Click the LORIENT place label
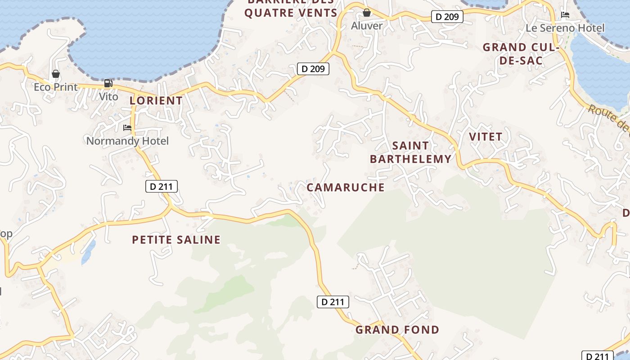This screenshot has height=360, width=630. coord(156,101)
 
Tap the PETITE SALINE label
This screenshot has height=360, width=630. coord(176,240)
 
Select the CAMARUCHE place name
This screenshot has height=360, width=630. coord(346,188)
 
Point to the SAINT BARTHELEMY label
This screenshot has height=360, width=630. coord(410,152)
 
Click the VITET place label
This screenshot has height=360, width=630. coord(486,137)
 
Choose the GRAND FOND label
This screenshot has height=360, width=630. coord(397,330)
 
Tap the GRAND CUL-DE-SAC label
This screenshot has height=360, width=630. coord(521,54)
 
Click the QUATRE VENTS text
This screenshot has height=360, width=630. coord(291,13)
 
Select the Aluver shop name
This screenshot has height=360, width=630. coord(367,26)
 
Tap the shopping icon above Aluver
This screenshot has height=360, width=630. coord(367,12)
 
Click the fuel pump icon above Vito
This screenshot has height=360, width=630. coord(108,83)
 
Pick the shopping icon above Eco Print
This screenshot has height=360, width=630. coord(56,74)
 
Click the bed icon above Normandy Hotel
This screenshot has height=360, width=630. coord(127,128)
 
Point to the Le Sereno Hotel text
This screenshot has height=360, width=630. coord(565,28)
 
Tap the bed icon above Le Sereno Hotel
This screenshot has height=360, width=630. coord(565,15)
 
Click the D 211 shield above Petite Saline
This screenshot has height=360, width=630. coord(162,186)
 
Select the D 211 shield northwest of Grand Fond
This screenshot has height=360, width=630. coord(333,302)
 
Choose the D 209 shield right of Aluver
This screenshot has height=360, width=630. coord(447,17)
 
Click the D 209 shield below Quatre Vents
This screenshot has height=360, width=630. coord(313,69)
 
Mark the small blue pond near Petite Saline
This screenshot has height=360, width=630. coord(89,252)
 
